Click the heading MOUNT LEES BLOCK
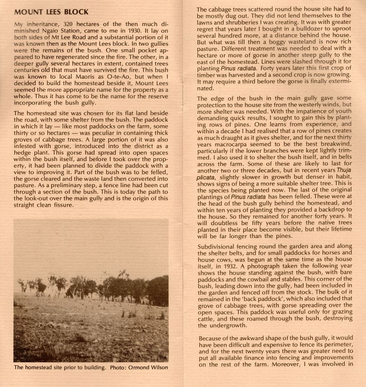51,12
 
